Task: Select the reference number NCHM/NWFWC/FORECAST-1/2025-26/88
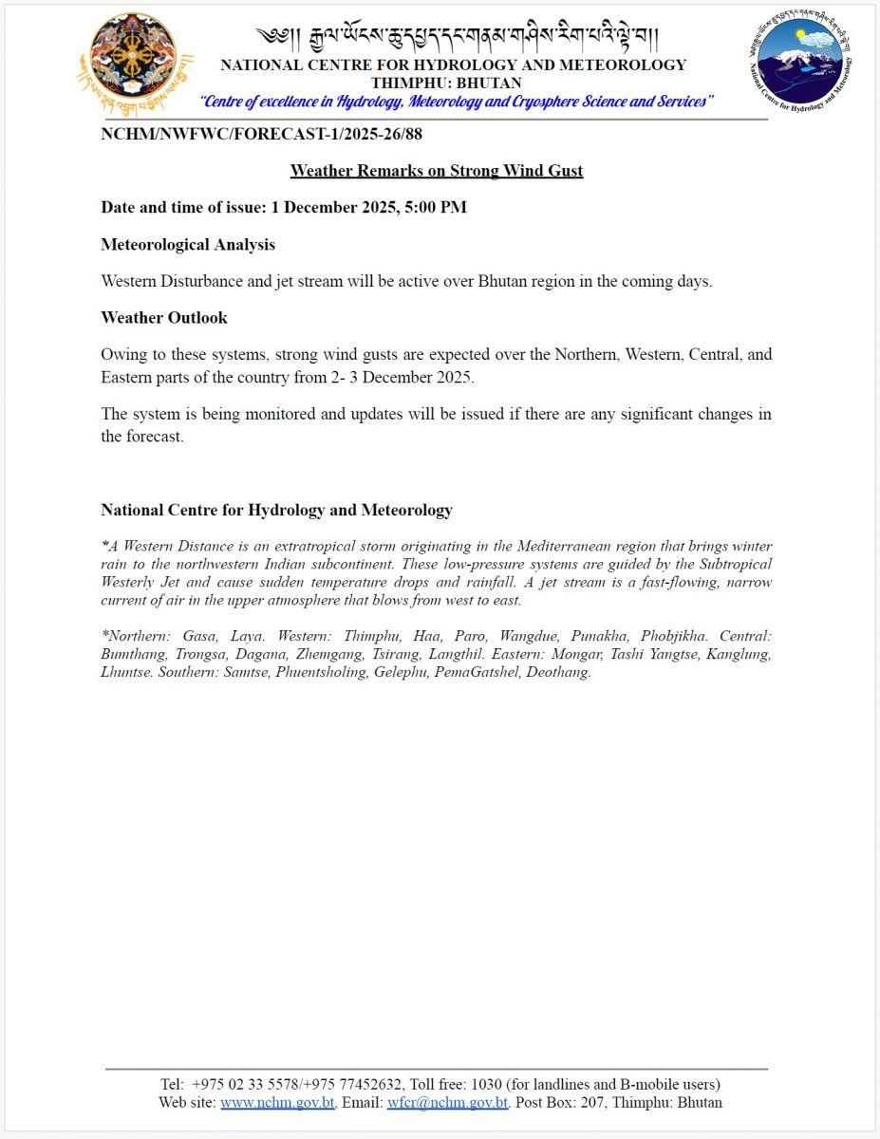coord(261,134)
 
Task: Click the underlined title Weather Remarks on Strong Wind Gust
coord(437,171)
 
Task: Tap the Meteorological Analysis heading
coord(188,245)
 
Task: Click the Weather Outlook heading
coord(164,317)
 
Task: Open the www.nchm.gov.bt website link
coord(276,1103)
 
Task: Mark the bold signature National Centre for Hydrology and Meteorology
coord(276,511)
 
